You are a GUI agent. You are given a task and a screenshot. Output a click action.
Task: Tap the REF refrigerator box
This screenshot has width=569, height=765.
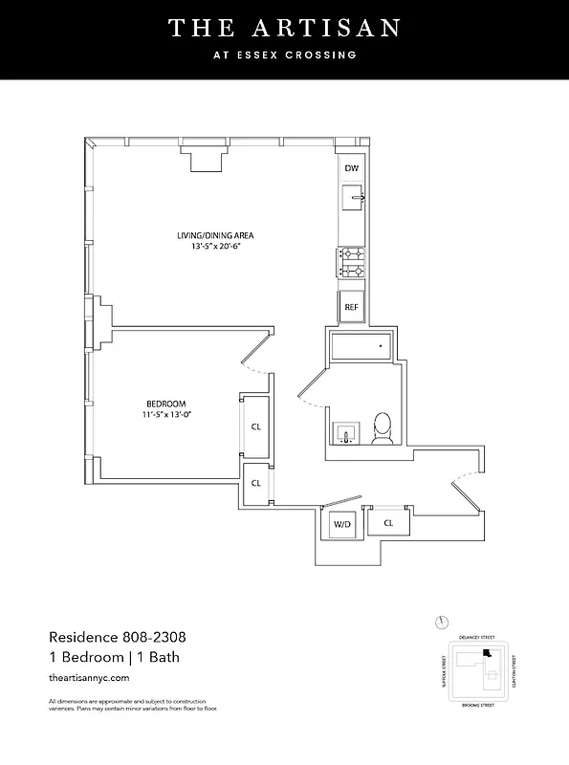351,307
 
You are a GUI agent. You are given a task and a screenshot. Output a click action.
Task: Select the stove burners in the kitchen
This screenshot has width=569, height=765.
350,260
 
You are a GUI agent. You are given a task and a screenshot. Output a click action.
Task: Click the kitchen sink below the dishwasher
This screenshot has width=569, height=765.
354,199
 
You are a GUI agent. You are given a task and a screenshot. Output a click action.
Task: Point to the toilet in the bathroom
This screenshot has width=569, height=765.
383,427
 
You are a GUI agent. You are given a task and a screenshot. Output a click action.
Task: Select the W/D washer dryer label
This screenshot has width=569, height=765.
342,524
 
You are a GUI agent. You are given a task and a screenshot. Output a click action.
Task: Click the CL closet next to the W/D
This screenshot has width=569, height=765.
388,523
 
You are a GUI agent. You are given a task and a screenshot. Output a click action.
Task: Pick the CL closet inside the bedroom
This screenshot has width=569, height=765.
255,427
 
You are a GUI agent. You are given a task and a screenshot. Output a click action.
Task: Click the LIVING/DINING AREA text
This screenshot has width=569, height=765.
214,235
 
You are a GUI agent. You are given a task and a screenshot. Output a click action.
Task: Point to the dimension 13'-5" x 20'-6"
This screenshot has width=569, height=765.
214,247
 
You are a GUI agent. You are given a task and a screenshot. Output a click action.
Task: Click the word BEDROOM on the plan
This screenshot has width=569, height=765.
165,404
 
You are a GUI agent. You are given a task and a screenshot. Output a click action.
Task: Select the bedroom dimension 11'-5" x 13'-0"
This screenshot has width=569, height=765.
165,415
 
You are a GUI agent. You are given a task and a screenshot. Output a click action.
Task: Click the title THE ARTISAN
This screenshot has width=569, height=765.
284,29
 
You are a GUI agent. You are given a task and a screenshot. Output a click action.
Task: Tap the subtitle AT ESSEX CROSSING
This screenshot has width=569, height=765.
284,55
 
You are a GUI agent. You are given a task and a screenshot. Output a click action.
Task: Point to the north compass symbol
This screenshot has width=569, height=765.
440,621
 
